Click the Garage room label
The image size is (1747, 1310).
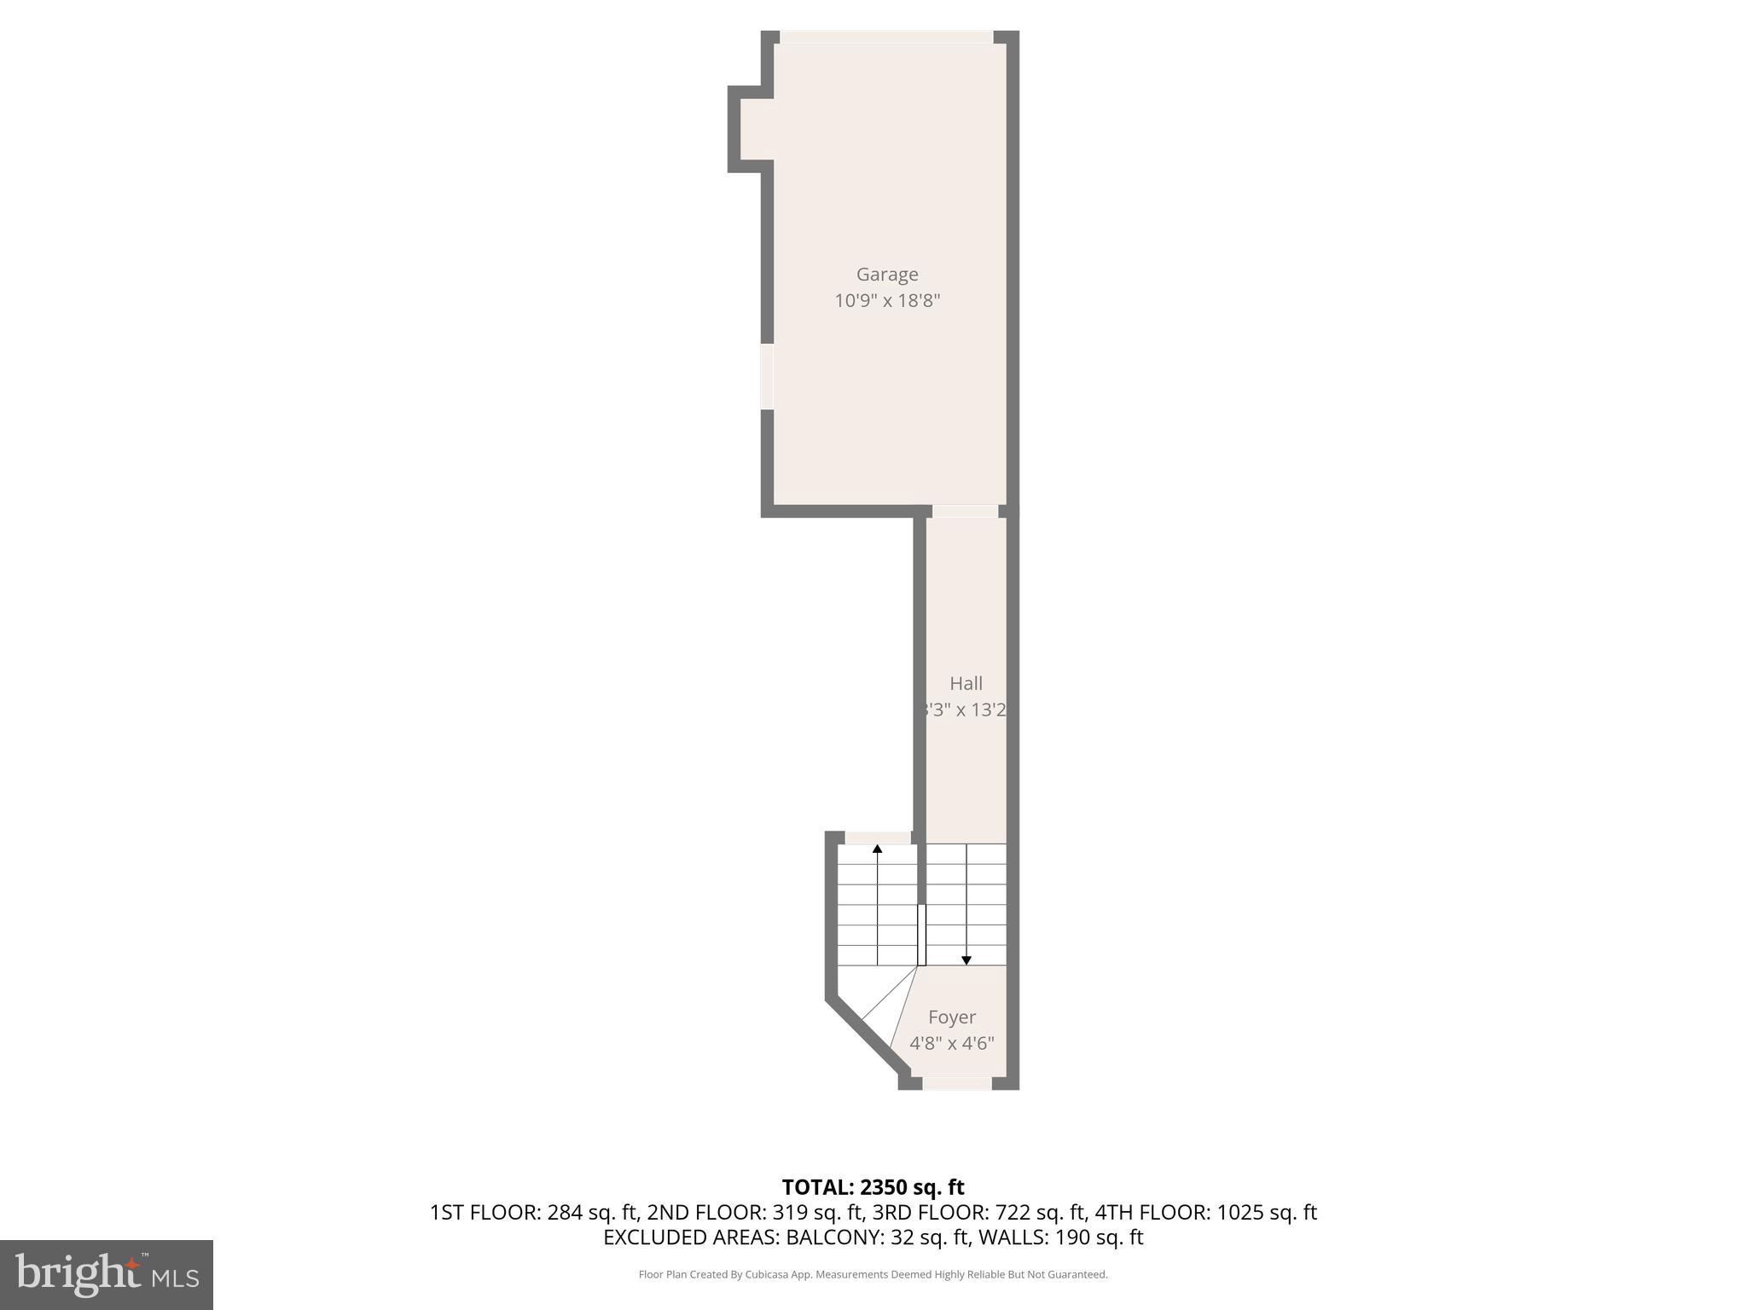point(887,275)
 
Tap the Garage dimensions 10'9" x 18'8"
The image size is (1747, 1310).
point(887,301)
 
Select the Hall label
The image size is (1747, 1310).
point(966,684)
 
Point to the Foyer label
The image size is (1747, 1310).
point(952,1017)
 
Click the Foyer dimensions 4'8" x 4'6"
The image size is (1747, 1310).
point(952,1043)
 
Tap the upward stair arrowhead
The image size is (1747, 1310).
point(877,849)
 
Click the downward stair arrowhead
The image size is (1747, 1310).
point(966,960)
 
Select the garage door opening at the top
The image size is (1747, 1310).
point(887,38)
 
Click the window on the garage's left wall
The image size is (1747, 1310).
point(767,376)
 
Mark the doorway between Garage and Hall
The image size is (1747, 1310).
point(964,512)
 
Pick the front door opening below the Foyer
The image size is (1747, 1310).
point(956,1083)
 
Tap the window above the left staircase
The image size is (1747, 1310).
point(878,838)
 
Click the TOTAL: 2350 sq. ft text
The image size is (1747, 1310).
point(873,1187)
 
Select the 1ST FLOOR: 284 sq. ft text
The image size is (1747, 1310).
point(534,1212)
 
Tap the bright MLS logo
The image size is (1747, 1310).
point(107,1275)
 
